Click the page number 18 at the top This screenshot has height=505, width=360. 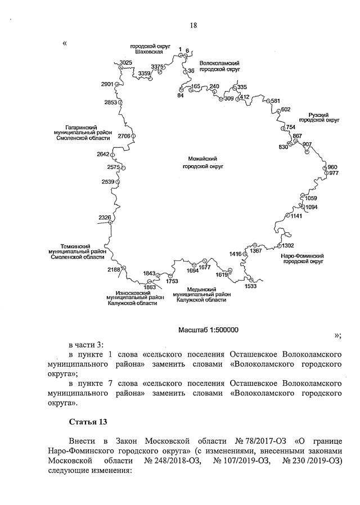coord(193,25)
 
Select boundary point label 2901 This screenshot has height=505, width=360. coord(107,84)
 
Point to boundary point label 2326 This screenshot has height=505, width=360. coord(105,218)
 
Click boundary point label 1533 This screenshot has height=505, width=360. coord(250,286)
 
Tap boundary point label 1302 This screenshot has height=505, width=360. coord(287,245)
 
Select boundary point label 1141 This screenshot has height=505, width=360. coord(296,215)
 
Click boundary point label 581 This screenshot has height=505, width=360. coord(275,101)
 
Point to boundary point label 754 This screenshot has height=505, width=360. coord(290,127)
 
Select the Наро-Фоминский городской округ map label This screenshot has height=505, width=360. coord(302,258)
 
